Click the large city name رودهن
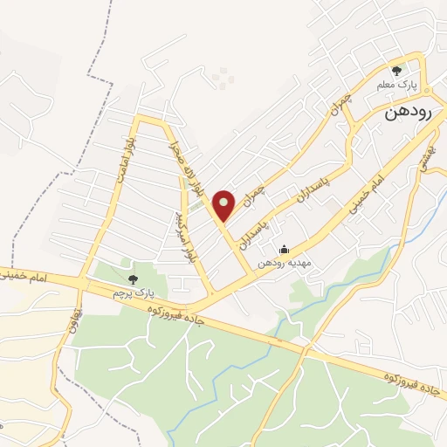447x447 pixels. click(408, 113)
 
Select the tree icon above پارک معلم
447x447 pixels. click(398, 70)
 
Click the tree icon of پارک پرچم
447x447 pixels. click(132, 279)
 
